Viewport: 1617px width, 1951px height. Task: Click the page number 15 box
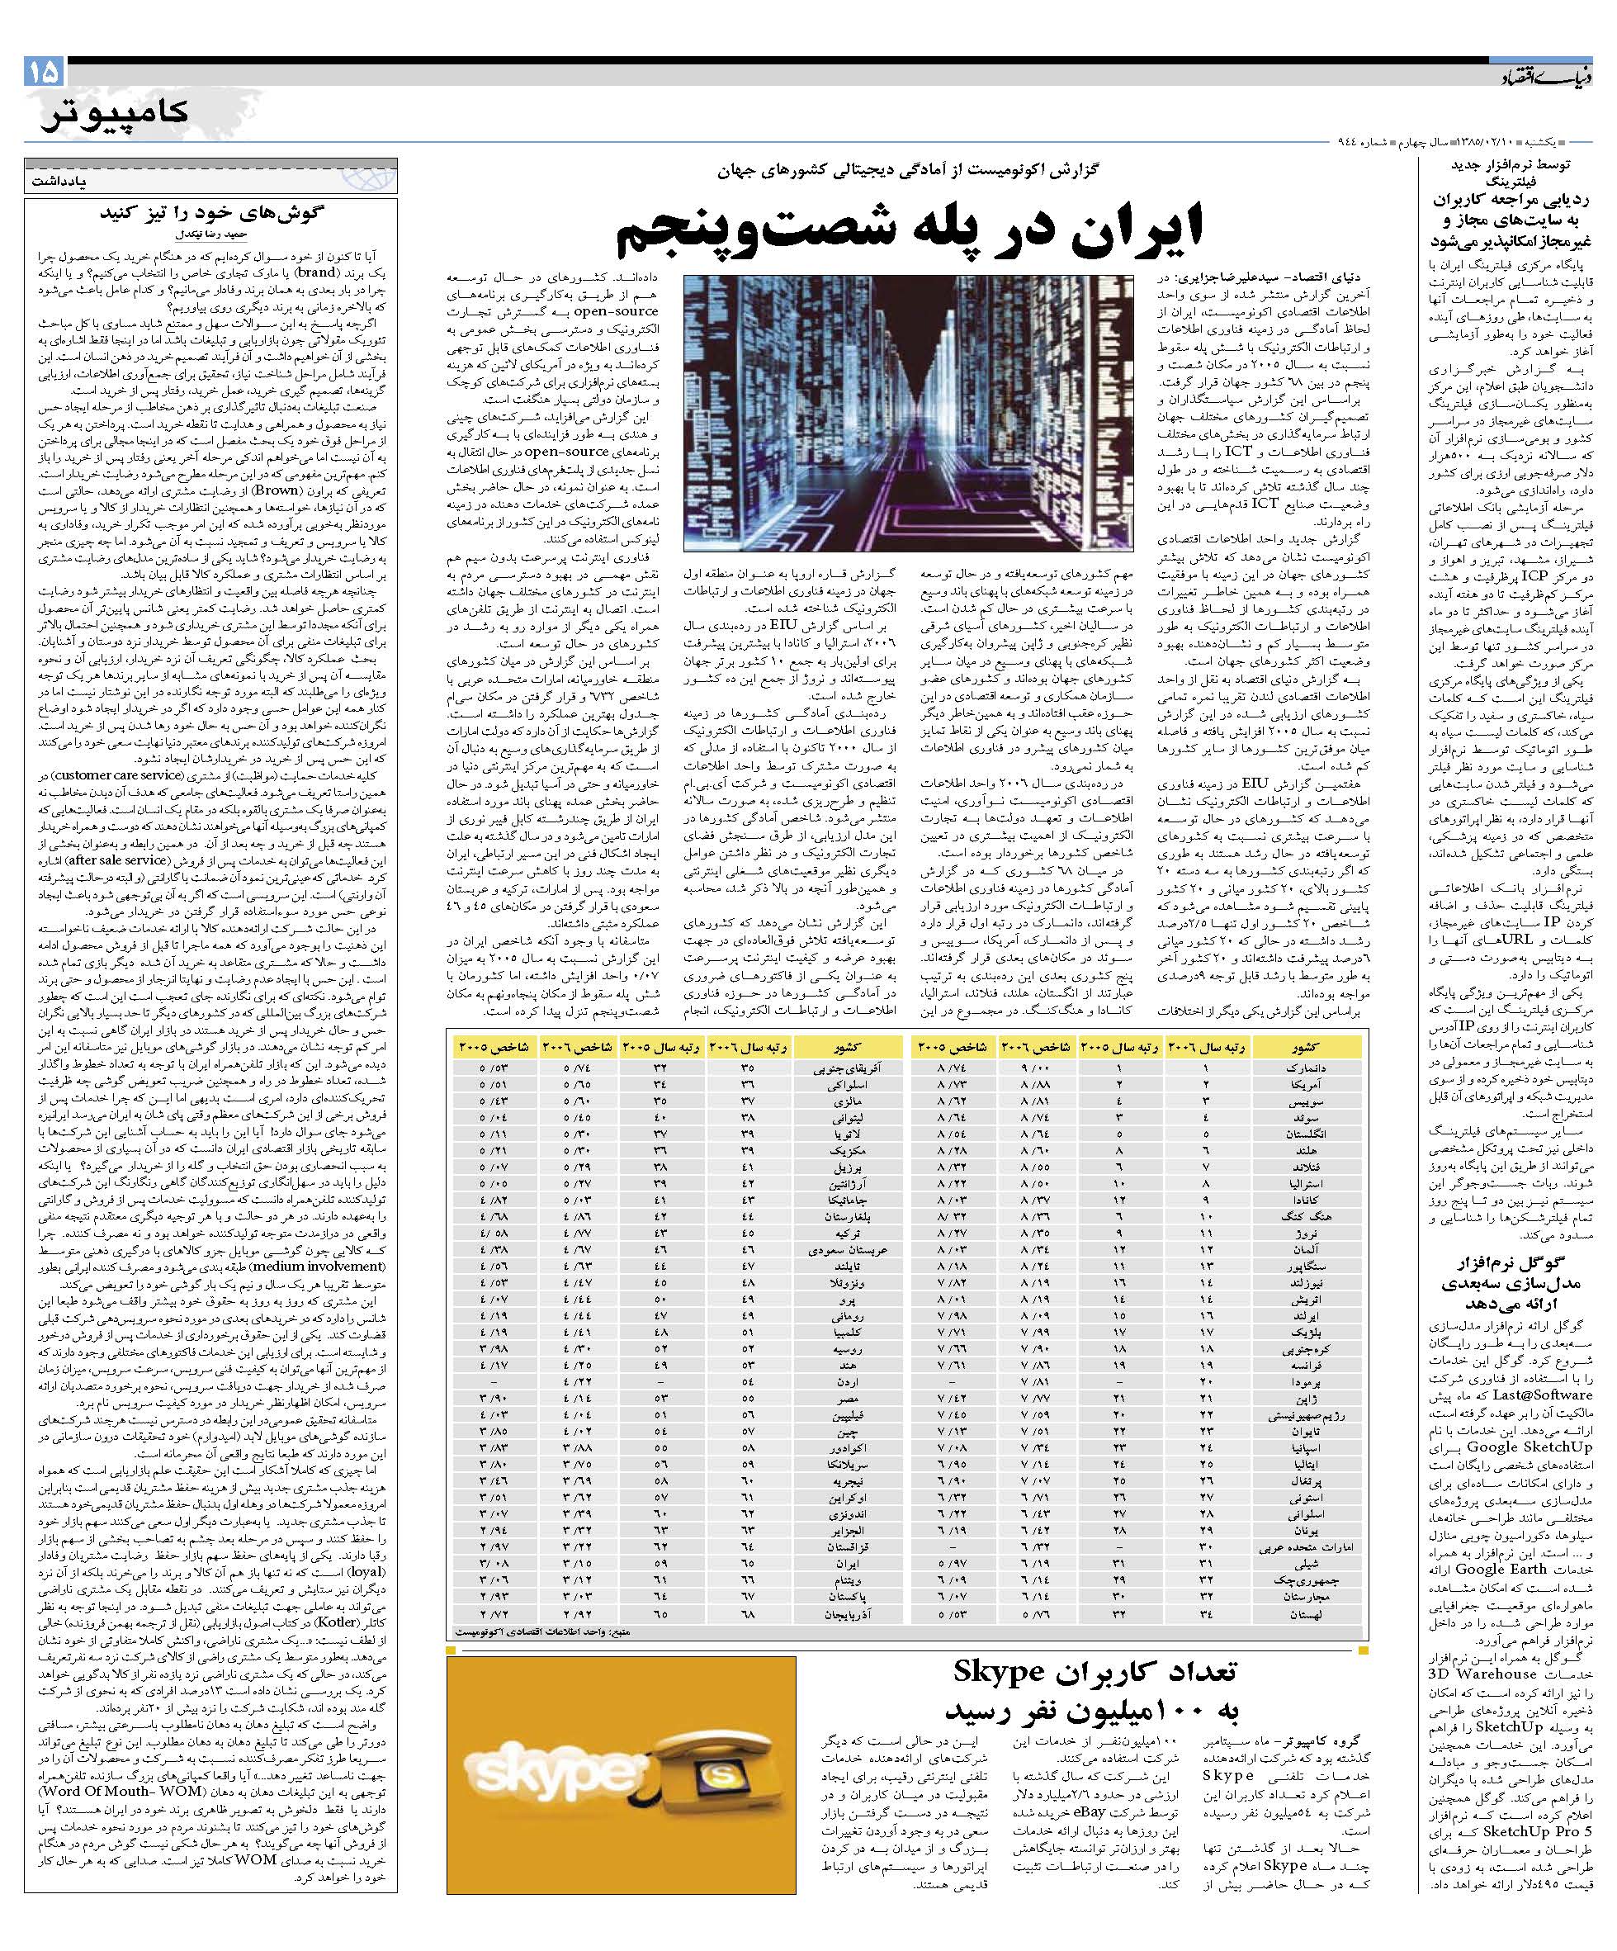click(45, 72)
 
